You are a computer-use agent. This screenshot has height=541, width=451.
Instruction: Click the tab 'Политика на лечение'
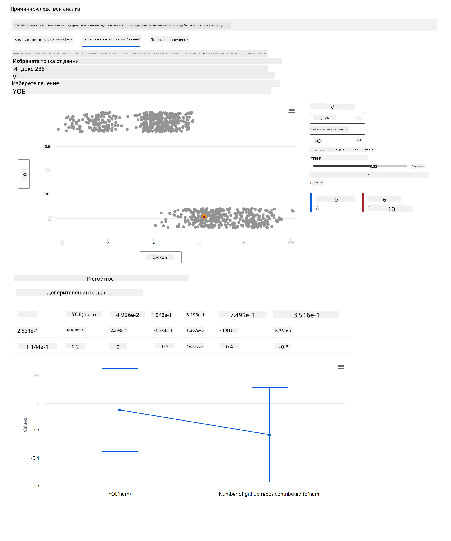click(x=169, y=40)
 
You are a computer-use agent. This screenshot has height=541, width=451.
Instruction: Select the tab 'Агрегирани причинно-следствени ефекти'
click(x=43, y=39)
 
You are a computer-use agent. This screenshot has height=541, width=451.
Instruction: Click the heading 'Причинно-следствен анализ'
click(x=45, y=9)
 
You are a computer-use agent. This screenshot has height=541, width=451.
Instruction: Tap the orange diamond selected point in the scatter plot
click(x=204, y=217)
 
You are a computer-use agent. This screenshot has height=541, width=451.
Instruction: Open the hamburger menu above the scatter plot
click(x=291, y=111)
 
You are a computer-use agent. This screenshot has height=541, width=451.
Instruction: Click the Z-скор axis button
click(x=160, y=257)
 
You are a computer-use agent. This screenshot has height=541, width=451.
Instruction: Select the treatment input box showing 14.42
click(x=337, y=140)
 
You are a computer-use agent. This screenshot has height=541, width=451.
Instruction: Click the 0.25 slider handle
click(x=370, y=166)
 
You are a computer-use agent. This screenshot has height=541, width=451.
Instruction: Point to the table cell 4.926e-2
click(x=127, y=315)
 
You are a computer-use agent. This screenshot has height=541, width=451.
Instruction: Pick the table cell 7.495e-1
click(x=242, y=315)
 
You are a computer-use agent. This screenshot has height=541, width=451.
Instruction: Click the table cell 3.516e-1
click(x=306, y=315)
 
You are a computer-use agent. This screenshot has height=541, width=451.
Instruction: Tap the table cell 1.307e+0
click(x=195, y=330)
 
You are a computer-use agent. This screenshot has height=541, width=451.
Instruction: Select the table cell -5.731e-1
click(x=282, y=331)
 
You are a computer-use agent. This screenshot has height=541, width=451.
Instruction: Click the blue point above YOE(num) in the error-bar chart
click(x=120, y=410)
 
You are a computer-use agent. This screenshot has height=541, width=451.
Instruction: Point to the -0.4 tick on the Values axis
click(x=35, y=458)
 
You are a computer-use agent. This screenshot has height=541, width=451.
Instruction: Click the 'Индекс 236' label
click(x=29, y=69)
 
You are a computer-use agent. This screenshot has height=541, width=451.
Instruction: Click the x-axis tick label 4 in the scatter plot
click(x=154, y=243)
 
